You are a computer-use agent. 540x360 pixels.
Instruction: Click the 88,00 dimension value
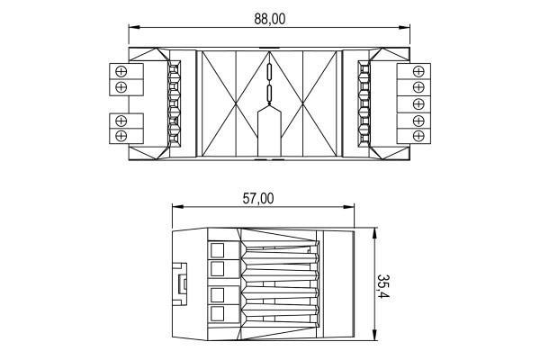(270, 19)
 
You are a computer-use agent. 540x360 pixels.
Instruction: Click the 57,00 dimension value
(258, 199)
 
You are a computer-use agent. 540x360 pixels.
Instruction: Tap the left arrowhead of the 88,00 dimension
(134, 27)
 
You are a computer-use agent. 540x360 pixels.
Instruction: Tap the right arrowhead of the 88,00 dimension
(404, 27)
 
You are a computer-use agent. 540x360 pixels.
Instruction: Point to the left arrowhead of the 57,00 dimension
(177, 207)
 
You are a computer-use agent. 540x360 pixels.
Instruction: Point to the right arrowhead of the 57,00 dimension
(348, 207)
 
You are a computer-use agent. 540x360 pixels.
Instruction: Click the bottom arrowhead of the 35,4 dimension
(374, 335)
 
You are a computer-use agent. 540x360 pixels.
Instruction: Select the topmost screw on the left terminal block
(121, 72)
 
